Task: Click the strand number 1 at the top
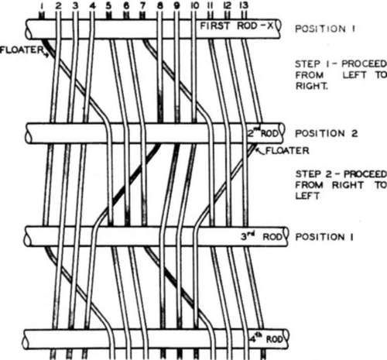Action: (42, 5)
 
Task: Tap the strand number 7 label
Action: (142, 5)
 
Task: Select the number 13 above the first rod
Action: (243, 5)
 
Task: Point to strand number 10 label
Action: (194, 5)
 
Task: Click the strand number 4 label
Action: (92, 5)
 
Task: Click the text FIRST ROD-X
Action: (237, 26)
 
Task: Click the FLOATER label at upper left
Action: (22, 50)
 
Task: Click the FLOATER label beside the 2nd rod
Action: (287, 150)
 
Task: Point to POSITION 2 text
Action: (327, 133)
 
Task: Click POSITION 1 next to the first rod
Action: (325, 29)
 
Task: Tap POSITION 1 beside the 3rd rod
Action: (324, 237)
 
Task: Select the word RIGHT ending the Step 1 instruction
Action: (311, 86)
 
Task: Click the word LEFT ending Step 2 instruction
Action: (307, 196)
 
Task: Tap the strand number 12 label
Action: (228, 5)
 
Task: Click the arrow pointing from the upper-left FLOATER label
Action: (46, 54)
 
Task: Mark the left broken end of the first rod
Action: (28, 29)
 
